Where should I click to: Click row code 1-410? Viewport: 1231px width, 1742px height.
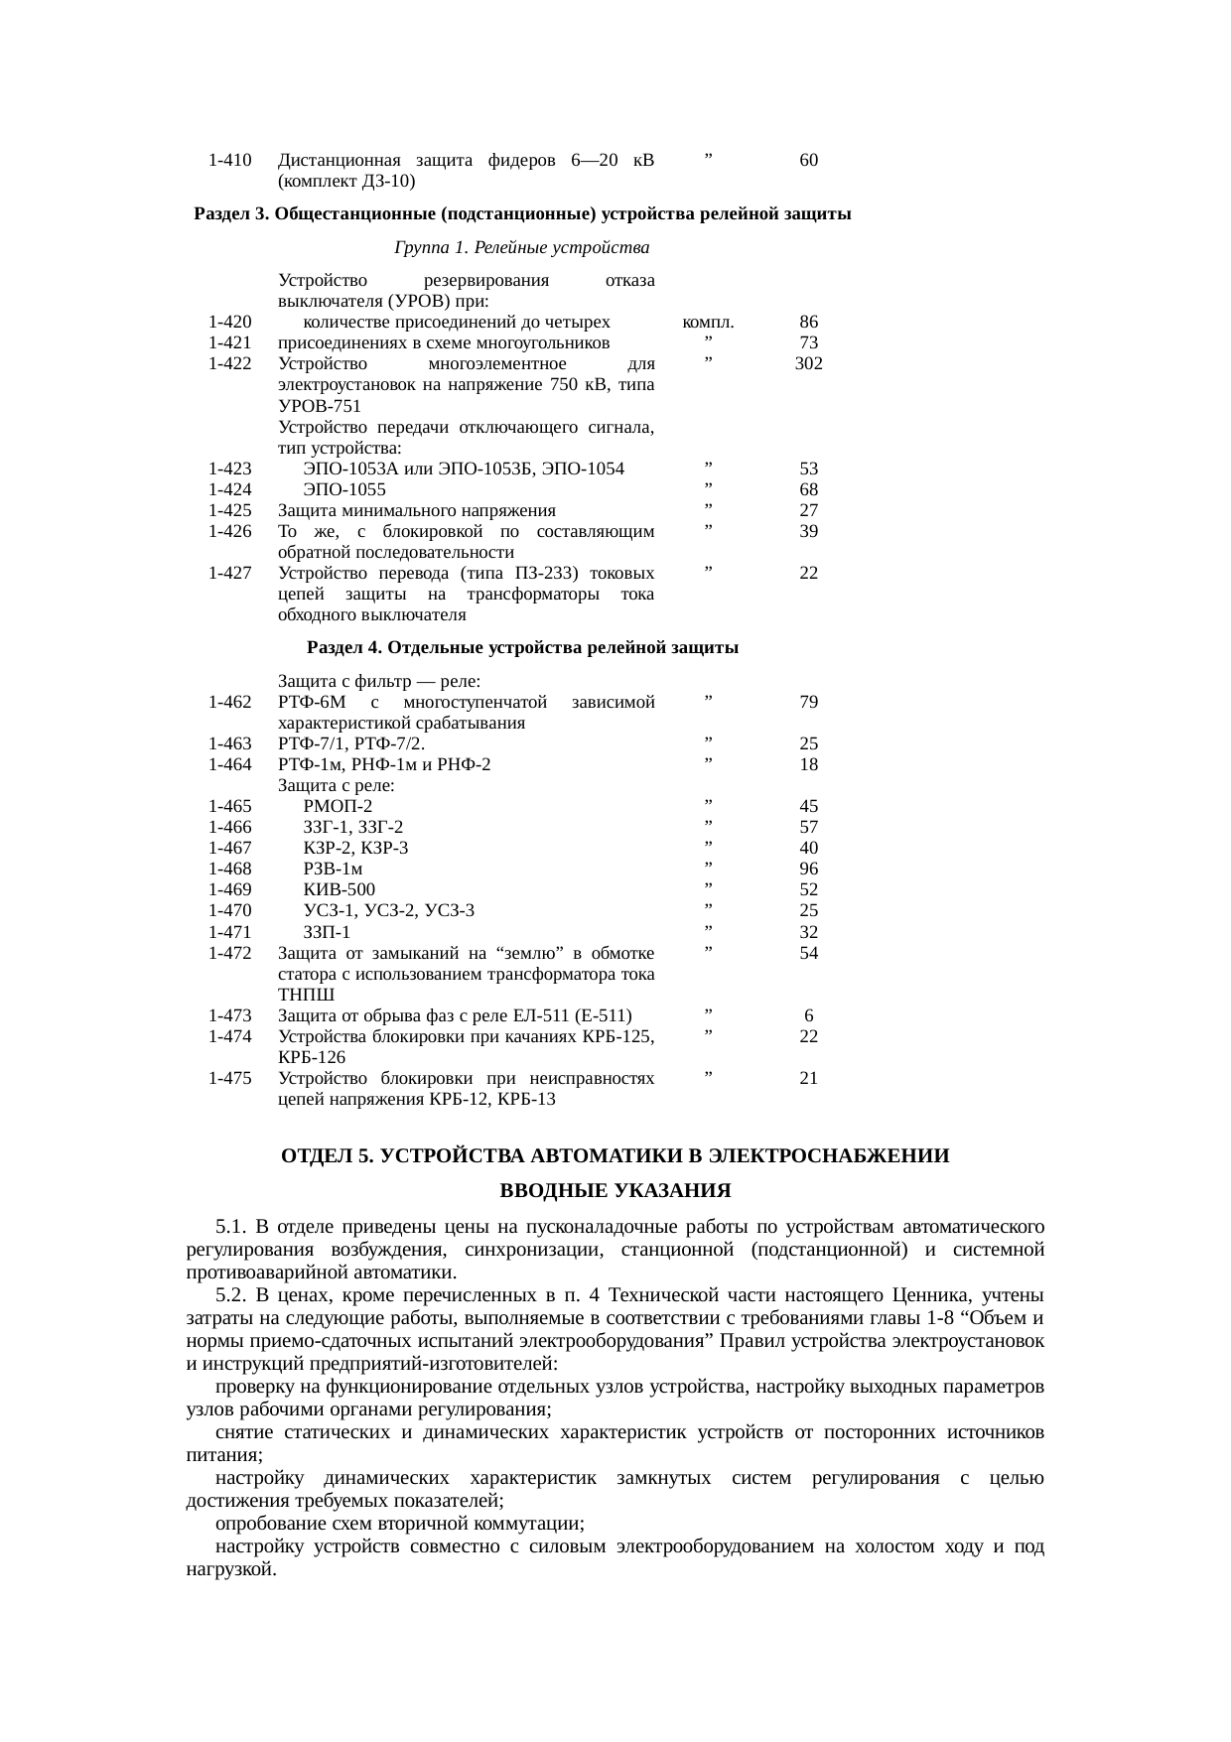(x=230, y=160)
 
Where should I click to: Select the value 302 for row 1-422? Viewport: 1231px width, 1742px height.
(x=808, y=363)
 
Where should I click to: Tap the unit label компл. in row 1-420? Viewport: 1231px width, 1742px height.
(x=708, y=322)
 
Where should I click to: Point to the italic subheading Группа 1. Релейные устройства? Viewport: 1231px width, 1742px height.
(x=521, y=246)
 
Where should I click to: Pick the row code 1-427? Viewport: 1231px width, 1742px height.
(x=230, y=573)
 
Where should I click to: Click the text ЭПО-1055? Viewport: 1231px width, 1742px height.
(x=344, y=489)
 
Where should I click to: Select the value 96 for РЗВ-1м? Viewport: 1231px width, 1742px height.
(x=808, y=869)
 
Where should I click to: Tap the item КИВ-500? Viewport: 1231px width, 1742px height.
(x=340, y=889)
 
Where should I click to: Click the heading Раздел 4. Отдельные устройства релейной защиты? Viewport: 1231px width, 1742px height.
(x=522, y=648)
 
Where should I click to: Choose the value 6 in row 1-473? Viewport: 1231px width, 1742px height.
(x=809, y=1015)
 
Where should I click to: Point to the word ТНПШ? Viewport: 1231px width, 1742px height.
(x=307, y=995)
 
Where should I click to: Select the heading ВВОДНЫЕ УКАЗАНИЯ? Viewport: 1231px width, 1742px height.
(x=615, y=1190)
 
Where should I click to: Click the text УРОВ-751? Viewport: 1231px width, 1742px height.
(x=320, y=406)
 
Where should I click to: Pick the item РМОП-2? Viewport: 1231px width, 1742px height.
(x=339, y=806)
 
